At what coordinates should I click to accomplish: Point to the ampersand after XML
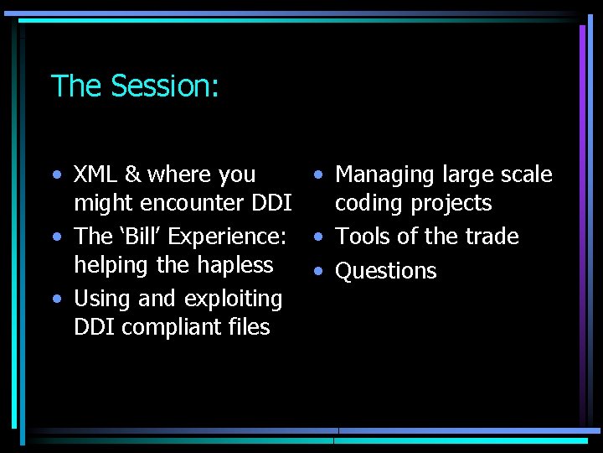coord(133,174)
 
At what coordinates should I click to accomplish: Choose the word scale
coord(523,174)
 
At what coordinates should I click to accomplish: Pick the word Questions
coord(386,271)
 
